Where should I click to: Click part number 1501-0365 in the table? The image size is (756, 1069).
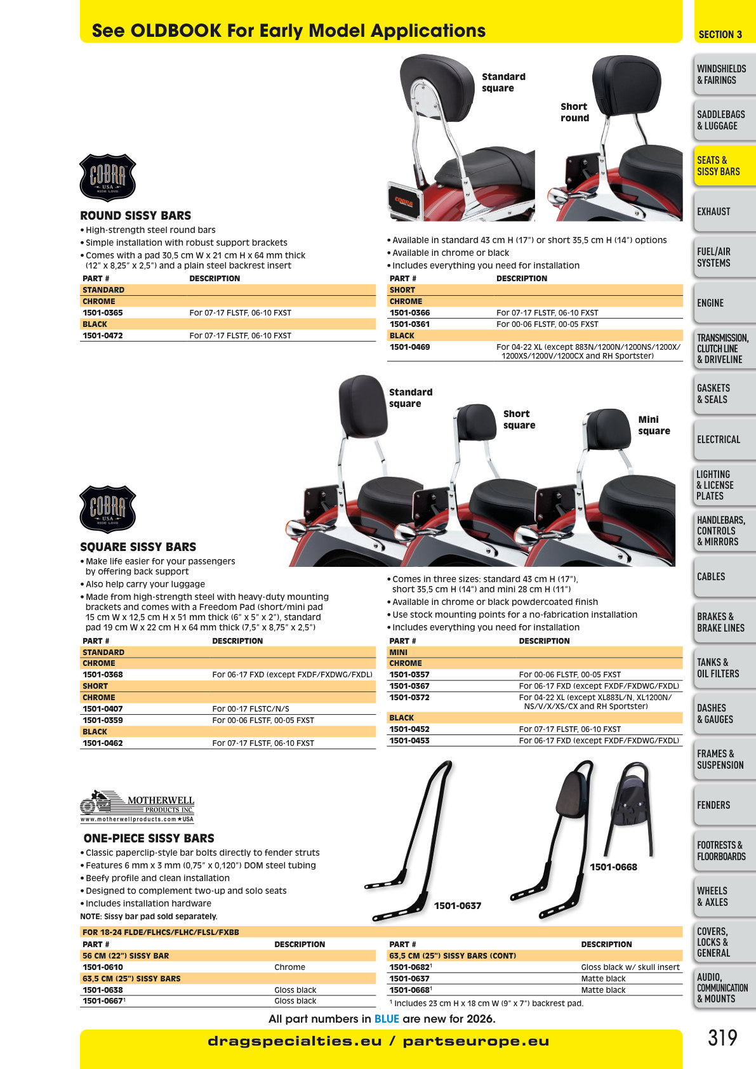coord(103,312)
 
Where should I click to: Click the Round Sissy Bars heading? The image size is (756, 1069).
coord(136,216)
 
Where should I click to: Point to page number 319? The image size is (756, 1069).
coord(722,1038)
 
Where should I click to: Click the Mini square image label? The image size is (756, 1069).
coord(654,425)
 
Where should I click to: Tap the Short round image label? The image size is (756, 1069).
coord(574,112)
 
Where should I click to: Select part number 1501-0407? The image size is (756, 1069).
coord(103,708)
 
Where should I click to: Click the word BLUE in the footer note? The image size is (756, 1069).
coord(387,1019)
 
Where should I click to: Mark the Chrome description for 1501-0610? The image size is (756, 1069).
coord(289,967)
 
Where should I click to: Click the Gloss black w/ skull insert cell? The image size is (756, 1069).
coord(630,967)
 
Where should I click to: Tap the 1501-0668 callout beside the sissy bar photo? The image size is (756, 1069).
coord(613,866)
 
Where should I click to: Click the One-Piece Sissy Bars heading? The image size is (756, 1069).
coord(149,838)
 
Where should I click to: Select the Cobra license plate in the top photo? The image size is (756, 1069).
coord(404,201)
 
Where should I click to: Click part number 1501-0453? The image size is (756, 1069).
coord(409,741)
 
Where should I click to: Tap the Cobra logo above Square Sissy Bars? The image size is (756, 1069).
coord(108,509)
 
